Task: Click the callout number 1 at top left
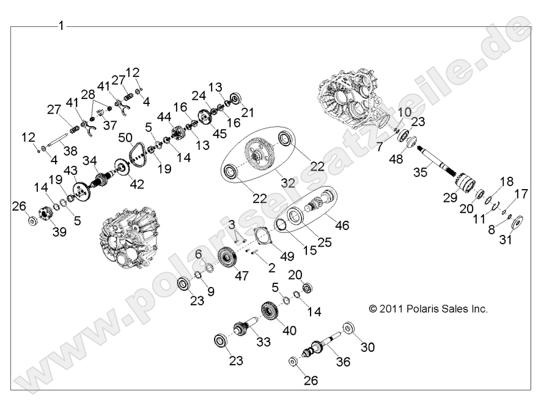(x=61, y=26)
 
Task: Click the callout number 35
(x=419, y=173)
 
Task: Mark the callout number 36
(x=344, y=362)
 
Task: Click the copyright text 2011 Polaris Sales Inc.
(x=428, y=309)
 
